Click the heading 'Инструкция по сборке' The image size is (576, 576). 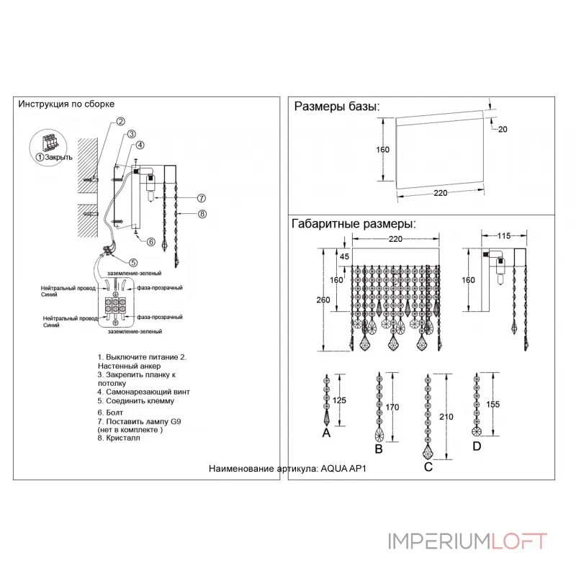coord(66,104)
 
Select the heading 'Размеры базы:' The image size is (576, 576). coord(336,107)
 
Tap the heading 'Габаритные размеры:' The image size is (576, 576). coord(353,224)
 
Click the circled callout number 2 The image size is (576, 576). coord(122,122)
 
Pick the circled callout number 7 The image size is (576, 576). coord(202,198)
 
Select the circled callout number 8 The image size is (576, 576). coord(202,214)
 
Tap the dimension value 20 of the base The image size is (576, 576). coord(502,129)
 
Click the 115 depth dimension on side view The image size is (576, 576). coord(505,235)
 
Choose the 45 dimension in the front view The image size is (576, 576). coord(343,257)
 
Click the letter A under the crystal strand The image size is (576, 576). coord(326,433)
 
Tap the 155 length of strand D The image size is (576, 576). coord(492,405)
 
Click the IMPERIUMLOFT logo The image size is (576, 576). coord(467,540)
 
